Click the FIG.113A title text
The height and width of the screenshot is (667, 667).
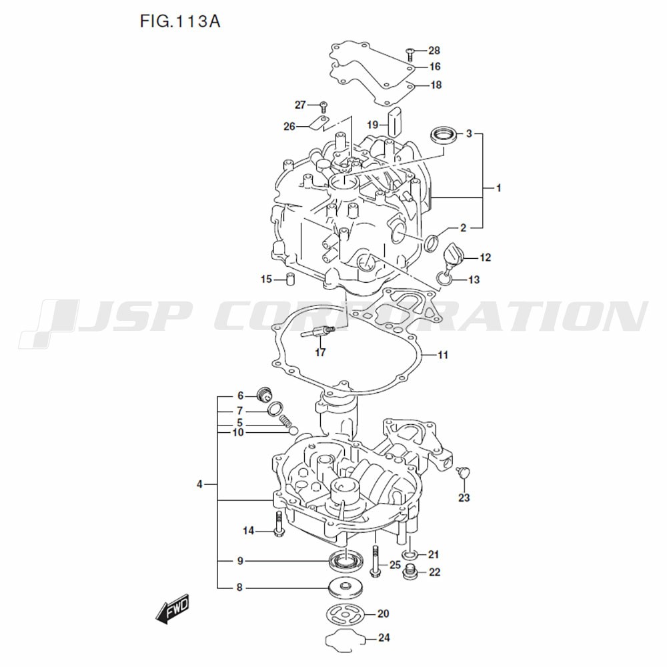[180, 21]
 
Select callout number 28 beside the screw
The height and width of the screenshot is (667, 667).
[434, 51]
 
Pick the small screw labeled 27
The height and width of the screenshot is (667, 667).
[323, 105]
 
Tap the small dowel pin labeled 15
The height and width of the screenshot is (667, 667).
[291, 279]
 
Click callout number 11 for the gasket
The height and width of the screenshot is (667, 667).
[443, 355]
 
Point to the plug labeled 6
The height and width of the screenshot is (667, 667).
[265, 395]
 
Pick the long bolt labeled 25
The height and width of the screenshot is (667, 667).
[374, 562]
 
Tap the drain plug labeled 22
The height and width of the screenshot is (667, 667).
[409, 572]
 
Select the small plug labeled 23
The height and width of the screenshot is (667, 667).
[462, 472]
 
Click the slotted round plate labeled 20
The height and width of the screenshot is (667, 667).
[346, 614]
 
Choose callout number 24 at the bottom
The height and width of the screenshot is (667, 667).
[384, 637]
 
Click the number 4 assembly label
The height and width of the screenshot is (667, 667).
[199, 484]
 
